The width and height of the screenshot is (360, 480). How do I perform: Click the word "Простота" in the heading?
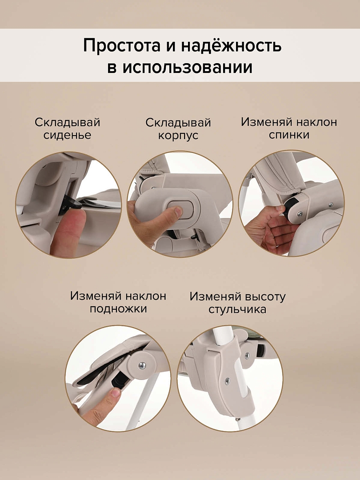(x=122, y=46)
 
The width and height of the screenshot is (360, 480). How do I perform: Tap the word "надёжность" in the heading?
(x=231, y=45)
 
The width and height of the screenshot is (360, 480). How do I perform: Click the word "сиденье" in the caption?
(x=68, y=135)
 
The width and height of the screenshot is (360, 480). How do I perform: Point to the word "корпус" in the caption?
(x=178, y=136)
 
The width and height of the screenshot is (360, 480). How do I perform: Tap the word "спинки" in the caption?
(x=289, y=135)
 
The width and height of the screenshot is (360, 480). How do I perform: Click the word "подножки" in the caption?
(x=118, y=309)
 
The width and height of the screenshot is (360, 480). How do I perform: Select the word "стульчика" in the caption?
(x=237, y=309)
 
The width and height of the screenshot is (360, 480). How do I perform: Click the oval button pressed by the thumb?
(x=180, y=210)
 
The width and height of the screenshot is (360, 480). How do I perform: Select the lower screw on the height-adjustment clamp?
(x=227, y=381)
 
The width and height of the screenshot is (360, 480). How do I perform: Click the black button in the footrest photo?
(x=119, y=380)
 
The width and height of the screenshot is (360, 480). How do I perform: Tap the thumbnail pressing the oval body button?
(x=178, y=211)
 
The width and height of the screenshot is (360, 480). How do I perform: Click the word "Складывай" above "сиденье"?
(x=68, y=123)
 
